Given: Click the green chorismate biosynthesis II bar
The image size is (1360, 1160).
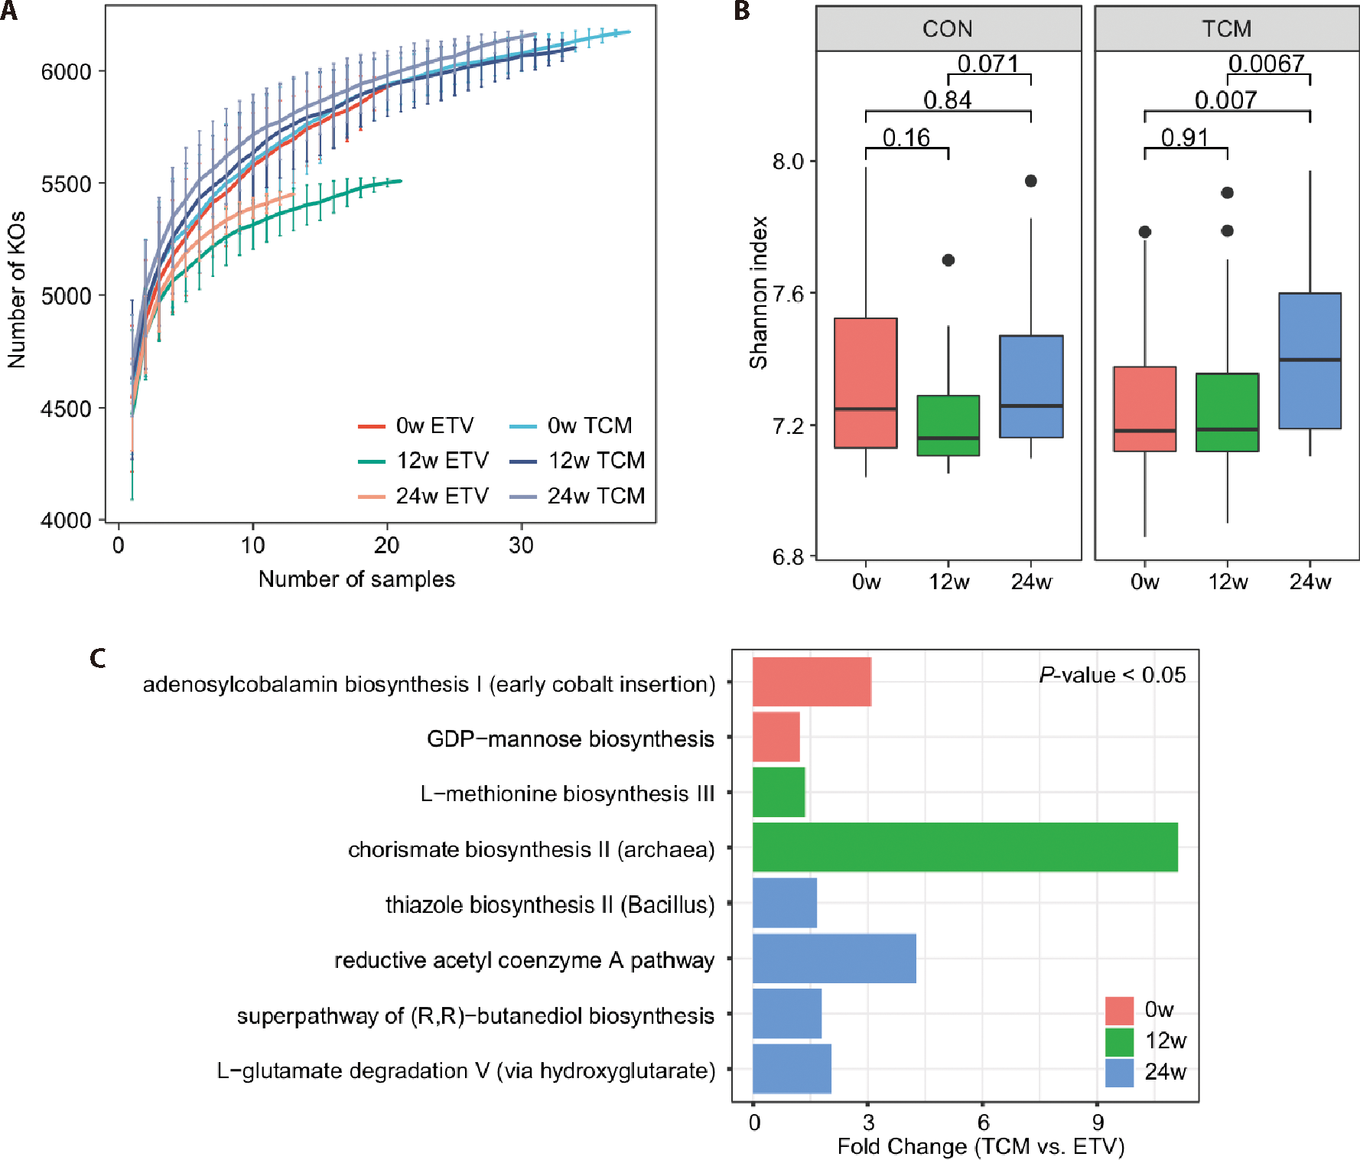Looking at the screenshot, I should point(965,847).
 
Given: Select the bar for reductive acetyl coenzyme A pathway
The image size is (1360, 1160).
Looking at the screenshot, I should point(834,958).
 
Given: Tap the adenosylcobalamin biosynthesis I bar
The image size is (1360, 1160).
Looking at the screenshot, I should point(812,681).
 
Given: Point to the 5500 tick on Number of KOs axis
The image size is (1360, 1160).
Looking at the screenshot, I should point(66,184).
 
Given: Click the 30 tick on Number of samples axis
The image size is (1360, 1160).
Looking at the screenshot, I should point(521,546).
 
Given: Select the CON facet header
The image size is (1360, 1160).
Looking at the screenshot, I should point(948,29).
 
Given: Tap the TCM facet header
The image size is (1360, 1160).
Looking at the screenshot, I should point(1226,29).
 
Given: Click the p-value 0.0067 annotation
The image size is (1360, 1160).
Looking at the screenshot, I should point(1266,64).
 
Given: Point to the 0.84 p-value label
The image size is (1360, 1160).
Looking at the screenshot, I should point(947,100).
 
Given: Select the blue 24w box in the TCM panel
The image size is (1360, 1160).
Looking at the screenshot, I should point(1310,360).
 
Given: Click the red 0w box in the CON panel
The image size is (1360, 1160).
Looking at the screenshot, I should point(865,383).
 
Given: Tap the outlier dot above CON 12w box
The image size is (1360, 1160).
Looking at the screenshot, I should point(948,260).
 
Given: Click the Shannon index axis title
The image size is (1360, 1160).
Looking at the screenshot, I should point(758,292).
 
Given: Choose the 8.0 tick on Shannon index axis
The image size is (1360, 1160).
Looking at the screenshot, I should point(788,161).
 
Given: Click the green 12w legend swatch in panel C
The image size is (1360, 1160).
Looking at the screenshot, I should point(1119,1041).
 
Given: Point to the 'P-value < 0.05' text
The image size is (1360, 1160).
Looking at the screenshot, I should point(1112,675).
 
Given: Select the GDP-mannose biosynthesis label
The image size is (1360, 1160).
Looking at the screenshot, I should point(570,739).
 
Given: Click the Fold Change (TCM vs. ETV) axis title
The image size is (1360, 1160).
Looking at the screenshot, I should point(981,1146).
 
